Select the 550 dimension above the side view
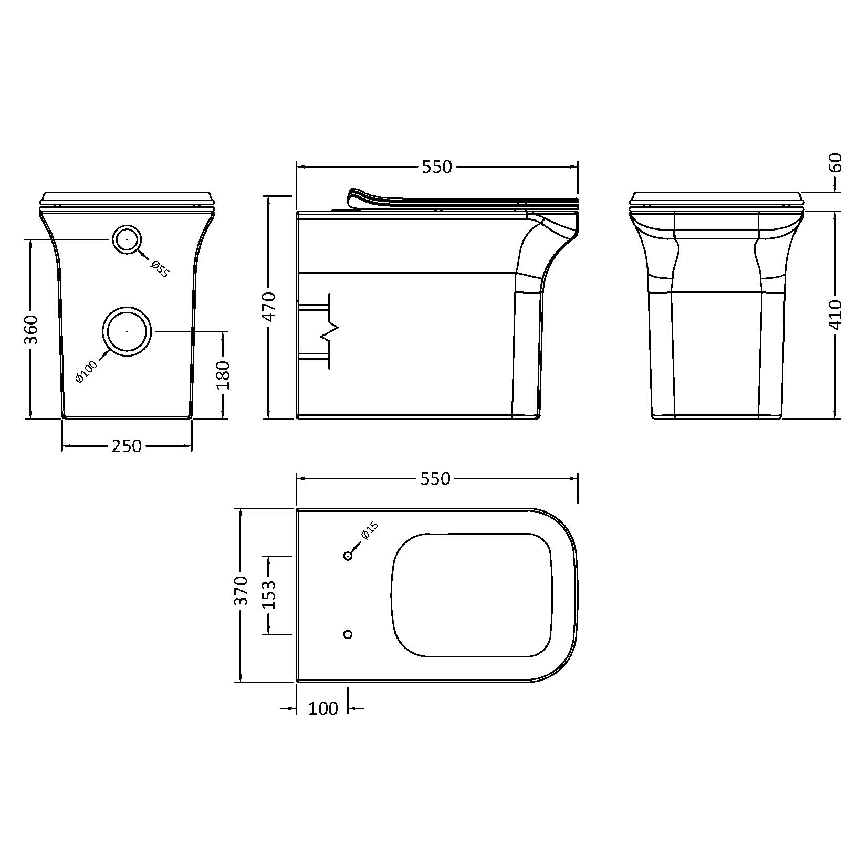point(436,166)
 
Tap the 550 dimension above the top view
point(436,478)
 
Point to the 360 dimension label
point(32,329)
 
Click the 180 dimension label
point(223,374)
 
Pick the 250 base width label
point(127,446)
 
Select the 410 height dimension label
point(834,314)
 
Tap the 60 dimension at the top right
point(834,162)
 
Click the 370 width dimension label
point(240,591)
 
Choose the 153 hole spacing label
point(269,594)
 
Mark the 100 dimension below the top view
point(323,709)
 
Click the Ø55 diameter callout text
point(159,268)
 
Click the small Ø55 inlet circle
point(127,239)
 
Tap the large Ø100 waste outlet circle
point(128,331)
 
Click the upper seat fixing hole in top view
point(348,556)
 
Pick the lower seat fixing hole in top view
point(348,634)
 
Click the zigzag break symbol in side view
point(330,331)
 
